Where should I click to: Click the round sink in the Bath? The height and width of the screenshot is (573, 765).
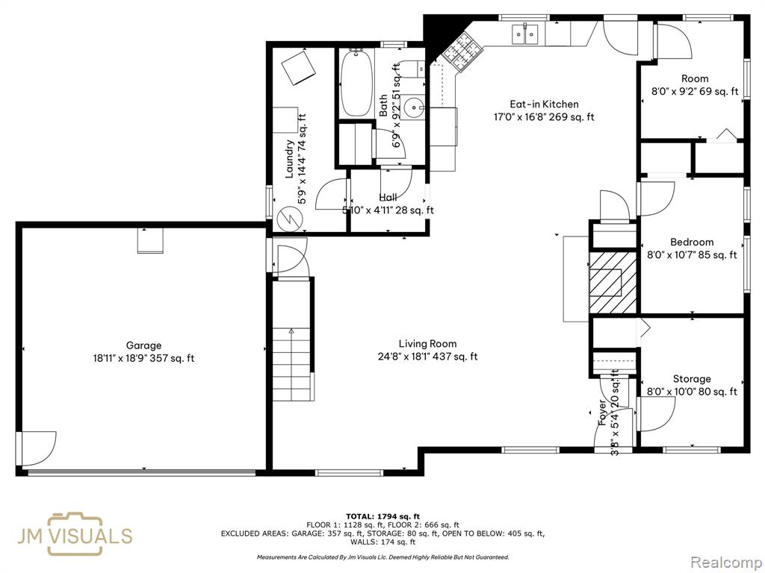tap(415, 106)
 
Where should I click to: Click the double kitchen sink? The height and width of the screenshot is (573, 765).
tap(524, 34)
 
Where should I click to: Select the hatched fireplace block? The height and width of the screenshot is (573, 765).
tap(613, 282)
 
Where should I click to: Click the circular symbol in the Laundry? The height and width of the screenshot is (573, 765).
tap(288, 219)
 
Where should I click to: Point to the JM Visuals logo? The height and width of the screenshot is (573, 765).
tap(75, 534)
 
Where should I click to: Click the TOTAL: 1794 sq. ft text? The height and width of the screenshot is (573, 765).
tap(382, 516)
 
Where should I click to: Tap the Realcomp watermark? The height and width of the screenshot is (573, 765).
tap(726, 563)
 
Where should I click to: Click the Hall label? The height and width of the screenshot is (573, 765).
tap(388, 197)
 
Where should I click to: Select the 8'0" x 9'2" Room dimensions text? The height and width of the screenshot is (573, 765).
tap(695, 91)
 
